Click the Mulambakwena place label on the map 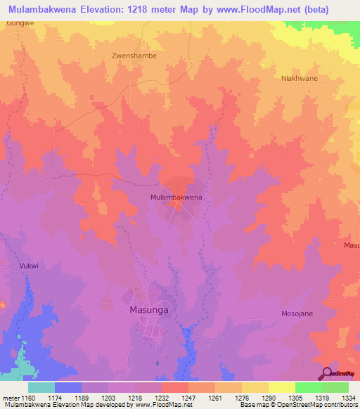[x=176, y=197]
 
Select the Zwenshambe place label [x=134, y=55]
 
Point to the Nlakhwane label [x=300, y=78]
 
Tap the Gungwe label [x=20, y=23]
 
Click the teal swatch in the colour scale [x=41, y=387]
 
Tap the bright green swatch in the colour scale [x=309, y=387]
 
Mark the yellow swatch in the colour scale [x=282, y=387]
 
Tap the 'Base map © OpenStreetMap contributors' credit [x=297, y=405]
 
